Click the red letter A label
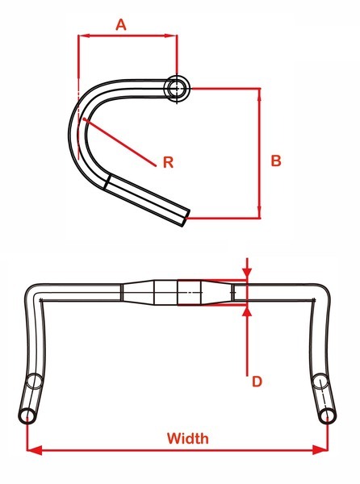point(121,25)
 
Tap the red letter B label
point(276,161)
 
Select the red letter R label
point(168,162)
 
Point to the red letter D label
point(257,382)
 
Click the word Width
point(188,438)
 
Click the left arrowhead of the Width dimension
point(35,450)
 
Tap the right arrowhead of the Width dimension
point(320,450)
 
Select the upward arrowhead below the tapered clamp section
point(247,311)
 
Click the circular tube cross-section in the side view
point(177,88)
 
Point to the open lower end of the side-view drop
point(185,218)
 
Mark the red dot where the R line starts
point(84,119)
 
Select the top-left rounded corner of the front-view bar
point(31,290)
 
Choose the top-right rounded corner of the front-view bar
point(323,290)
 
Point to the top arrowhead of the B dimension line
point(259,94)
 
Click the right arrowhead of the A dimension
point(171,35)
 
